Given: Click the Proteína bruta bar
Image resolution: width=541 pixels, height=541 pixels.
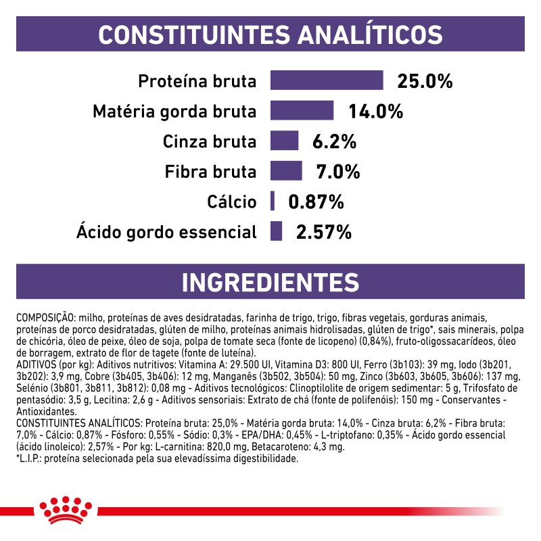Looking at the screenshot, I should click(x=327, y=80).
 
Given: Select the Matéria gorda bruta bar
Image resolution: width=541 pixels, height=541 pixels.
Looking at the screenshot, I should click(x=302, y=111).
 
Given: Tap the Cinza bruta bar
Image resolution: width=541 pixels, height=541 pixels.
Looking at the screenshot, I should click(x=284, y=141).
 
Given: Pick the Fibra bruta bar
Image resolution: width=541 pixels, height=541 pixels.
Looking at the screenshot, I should click(x=286, y=171).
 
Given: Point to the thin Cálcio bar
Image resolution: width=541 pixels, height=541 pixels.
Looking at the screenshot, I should click(x=273, y=201).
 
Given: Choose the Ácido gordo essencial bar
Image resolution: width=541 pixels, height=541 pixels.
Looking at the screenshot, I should click(x=276, y=231).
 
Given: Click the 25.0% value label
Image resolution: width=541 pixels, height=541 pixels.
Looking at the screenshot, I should click(x=424, y=81).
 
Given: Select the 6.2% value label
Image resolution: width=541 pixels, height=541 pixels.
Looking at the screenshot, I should click(x=334, y=142).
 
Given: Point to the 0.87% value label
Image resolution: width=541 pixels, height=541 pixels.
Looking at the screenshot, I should click(x=316, y=202).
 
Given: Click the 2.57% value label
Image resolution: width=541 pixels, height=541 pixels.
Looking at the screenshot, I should click(x=324, y=232).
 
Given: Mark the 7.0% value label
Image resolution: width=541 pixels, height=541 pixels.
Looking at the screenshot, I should click(x=338, y=172).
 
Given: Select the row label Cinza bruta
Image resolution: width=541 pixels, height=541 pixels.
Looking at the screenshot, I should click(x=210, y=142).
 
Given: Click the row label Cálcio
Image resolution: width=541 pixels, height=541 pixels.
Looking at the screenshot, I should click(x=233, y=202).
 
